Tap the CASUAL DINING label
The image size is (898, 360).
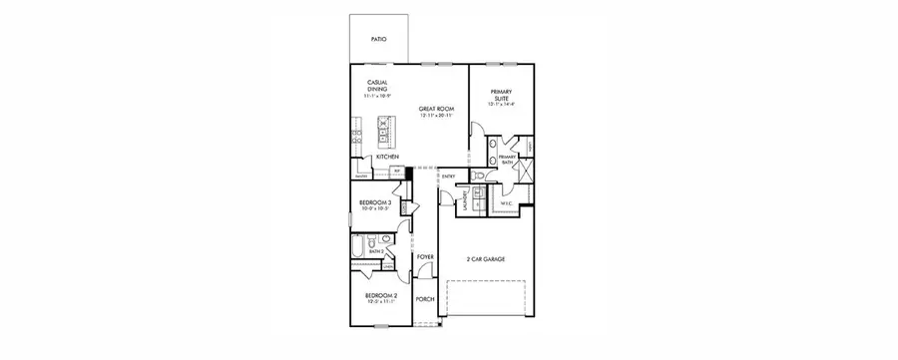coord(377,87)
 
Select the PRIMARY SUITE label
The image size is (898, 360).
coord(502,95)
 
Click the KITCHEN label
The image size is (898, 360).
coord(388,157)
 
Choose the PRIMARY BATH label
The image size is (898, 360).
coord(508,158)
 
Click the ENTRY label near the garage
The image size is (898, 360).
coord(448,178)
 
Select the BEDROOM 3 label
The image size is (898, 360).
coord(374,202)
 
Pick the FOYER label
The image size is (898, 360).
coord(426,256)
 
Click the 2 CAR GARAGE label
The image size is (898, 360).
coord(486,259)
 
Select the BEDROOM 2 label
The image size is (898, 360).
coord(380,297)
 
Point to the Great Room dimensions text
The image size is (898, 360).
coord(435,116)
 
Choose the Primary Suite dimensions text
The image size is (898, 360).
coord(502,104)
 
